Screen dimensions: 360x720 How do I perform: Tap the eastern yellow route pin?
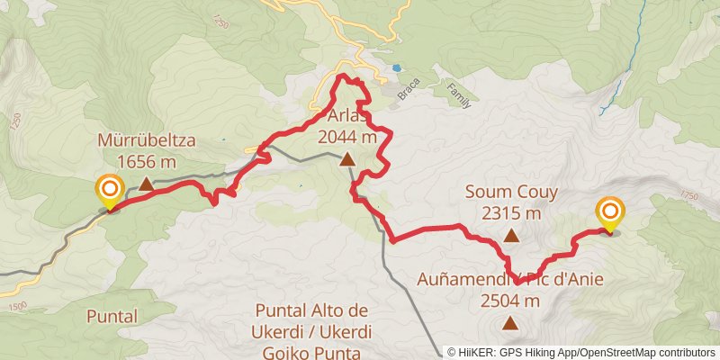pos(609,213)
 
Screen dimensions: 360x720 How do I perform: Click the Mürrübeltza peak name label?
pos(148,140)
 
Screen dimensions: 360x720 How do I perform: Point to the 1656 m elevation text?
pos(148,162)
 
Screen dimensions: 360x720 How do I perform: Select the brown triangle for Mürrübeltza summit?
pos(146,183)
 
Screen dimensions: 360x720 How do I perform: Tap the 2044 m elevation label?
pos(347,138)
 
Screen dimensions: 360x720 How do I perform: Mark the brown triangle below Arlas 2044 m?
pos(347,159)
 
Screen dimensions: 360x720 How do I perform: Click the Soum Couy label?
pos(511,192)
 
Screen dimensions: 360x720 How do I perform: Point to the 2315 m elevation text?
pos(511,213)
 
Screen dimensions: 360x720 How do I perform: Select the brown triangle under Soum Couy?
pos(511,236)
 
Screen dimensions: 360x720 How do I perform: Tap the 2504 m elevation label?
pos(510,301)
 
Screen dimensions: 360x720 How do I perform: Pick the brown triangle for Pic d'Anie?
pos(510,322)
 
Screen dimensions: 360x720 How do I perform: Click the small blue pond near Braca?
pos(396,67)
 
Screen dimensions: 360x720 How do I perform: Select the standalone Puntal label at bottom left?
pos(112,316)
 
